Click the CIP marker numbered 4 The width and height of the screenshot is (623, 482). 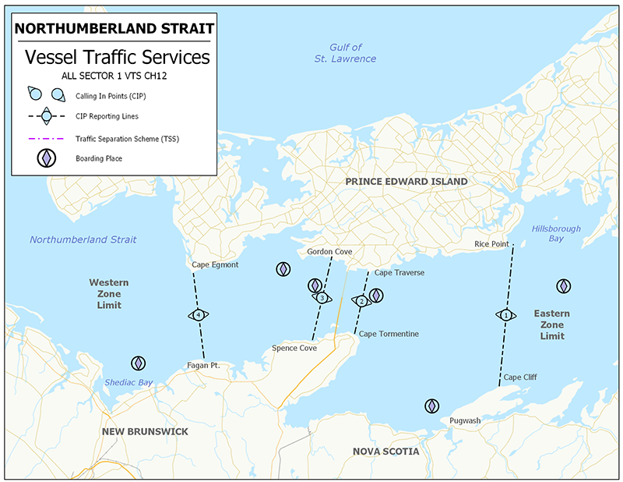199,314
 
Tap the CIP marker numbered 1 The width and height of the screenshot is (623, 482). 506,315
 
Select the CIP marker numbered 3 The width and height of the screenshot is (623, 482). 321,298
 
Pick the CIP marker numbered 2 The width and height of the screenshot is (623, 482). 361,301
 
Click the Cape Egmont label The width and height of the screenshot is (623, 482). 215,264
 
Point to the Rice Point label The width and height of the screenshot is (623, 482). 491,244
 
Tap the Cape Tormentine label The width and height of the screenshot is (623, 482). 389,334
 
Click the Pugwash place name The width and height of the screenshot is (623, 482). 465,420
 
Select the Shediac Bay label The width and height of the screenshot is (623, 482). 128,382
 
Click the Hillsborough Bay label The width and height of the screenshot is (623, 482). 556,233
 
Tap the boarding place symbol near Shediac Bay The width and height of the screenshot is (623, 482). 138,363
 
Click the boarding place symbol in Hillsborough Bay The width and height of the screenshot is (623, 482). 563,286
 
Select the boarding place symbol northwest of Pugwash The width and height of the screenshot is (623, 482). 431,406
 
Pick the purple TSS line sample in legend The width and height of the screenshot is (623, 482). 46,137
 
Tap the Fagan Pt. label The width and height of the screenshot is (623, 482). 204,365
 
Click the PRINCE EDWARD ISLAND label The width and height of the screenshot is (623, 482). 407,181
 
